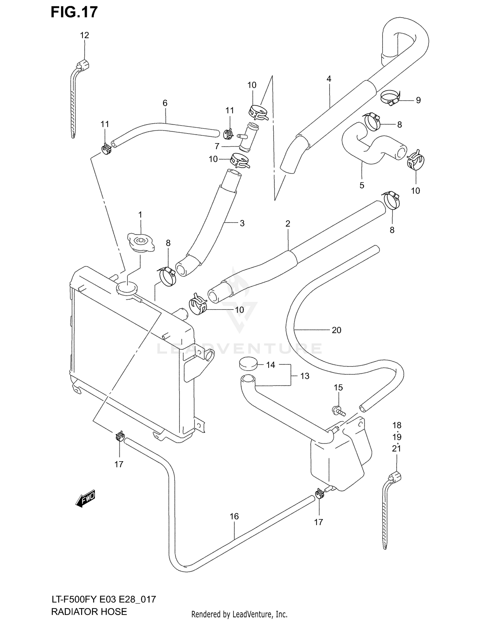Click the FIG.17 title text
point(74,12)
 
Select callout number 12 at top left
point(84,35)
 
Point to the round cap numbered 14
point(248,364)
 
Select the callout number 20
point(337,330)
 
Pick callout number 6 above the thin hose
point(165,103)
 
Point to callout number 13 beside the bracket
point(305,376)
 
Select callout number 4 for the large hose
point(329,79)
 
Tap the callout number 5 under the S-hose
point(362,186)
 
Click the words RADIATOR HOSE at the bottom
point(89,611)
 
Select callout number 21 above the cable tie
point(397,448)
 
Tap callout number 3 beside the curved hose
point(242,223)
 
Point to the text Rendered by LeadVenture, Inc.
point(239,614)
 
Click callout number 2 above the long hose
point(288,224)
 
